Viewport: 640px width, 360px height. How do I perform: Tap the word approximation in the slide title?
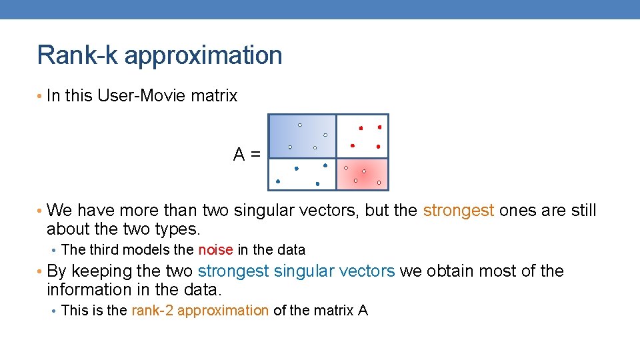(x=203, y=55)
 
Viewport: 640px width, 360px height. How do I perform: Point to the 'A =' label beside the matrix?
(x=247, y=155)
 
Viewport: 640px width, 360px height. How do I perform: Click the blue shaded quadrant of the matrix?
(x=302, y=136)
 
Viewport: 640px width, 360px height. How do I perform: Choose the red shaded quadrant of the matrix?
(x=362, y=175)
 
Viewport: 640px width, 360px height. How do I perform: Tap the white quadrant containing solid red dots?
(x=362, y=136)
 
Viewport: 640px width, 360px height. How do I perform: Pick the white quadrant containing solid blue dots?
(x=302, y=175)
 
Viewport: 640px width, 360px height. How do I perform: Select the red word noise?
(x=215, y=250)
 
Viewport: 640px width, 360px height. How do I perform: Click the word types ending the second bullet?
(x=179, y=230)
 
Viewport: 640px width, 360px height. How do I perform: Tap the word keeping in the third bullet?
(x=97, y=271)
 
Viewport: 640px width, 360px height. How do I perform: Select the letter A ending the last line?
(x=363, y=310)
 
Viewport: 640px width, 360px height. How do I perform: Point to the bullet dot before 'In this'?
(x=40, y=97)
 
